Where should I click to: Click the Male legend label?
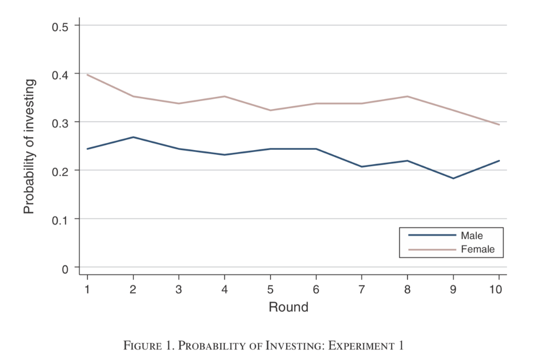coord(471,236)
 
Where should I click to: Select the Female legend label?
coord(477,250)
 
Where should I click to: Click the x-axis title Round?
coord(288,307)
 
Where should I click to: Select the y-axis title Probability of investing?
coord(29,147)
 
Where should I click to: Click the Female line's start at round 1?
coord(88,75)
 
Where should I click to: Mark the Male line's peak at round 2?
coord(133,137)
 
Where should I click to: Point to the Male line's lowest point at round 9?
coord(453,179)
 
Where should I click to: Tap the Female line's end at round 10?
coord(499,125)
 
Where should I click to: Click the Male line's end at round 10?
coord(499,161)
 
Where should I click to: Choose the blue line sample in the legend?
coord(432,236)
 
